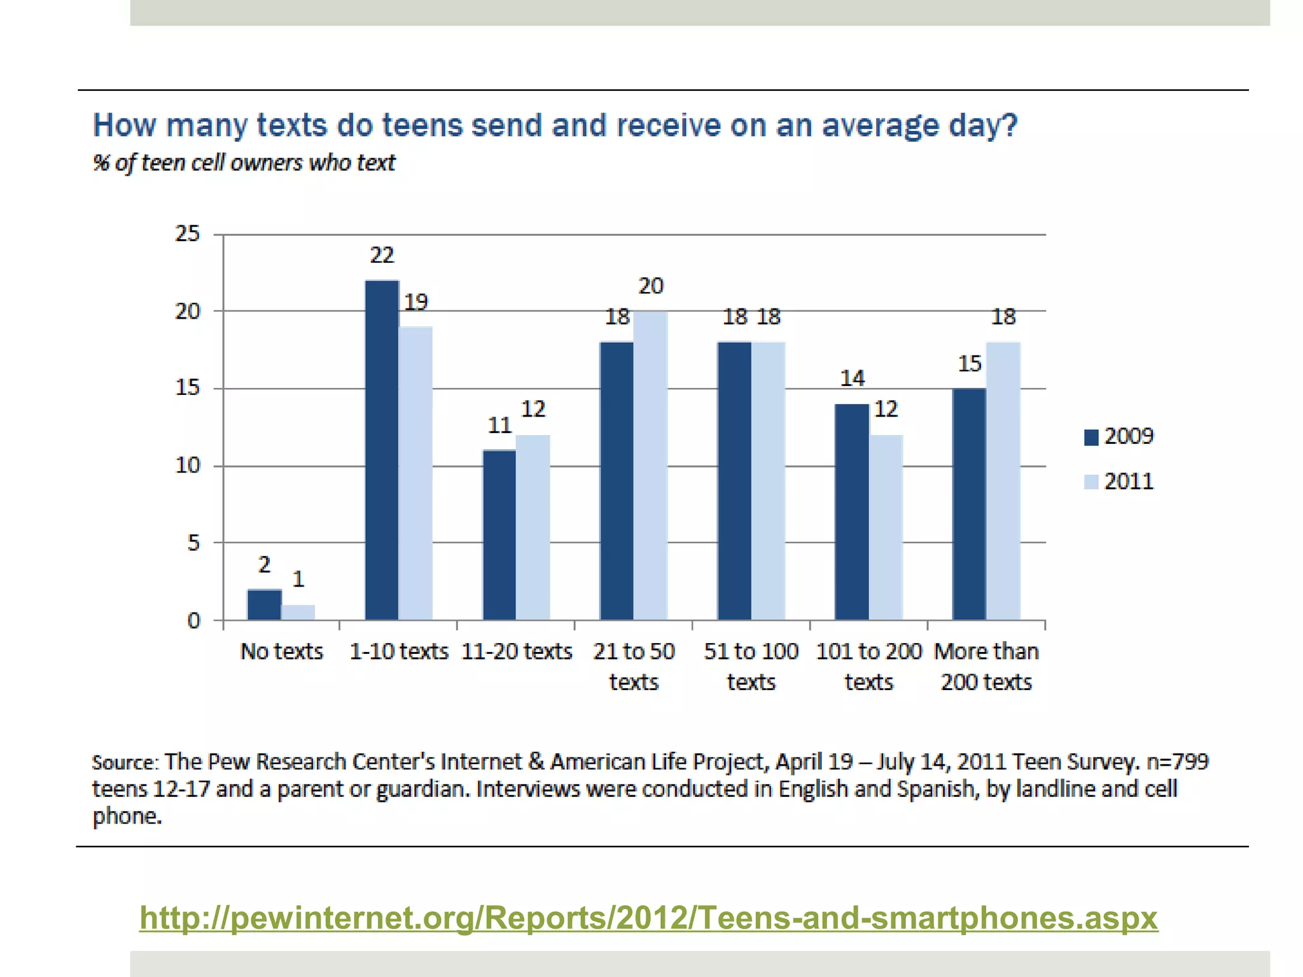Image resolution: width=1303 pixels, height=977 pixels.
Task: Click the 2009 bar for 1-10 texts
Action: coord(382,450)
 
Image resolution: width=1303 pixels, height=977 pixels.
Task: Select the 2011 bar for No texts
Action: coord(298,612)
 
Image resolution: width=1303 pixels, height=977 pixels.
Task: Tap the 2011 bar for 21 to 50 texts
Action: coord(650,466)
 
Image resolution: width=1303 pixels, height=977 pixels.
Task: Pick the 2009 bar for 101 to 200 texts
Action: coord(851,511)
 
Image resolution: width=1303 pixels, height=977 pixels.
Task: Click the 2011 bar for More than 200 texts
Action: coord(1003,481)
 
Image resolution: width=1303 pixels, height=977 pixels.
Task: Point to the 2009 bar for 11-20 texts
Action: coord(499,534)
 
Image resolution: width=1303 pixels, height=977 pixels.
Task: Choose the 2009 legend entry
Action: coord(1118,436)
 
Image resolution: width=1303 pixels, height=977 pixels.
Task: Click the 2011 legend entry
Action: coord(1118,482)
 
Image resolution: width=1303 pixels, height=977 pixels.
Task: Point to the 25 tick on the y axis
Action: coord(187,234)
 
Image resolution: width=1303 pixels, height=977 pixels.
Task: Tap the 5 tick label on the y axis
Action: coord(193,543)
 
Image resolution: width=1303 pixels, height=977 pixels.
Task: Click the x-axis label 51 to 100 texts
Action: coord(751,666)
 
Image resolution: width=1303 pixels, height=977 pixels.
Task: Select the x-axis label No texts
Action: coord(281,651)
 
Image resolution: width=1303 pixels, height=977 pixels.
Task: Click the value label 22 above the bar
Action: coord(382,256)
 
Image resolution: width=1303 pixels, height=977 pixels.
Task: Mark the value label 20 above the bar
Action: coord(650,286)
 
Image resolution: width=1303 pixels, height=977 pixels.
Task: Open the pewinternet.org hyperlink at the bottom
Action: coord(648,918)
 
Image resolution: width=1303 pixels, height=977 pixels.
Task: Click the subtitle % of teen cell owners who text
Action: coord(244,163)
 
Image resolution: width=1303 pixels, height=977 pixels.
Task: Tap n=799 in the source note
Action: coord(1176,761)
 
